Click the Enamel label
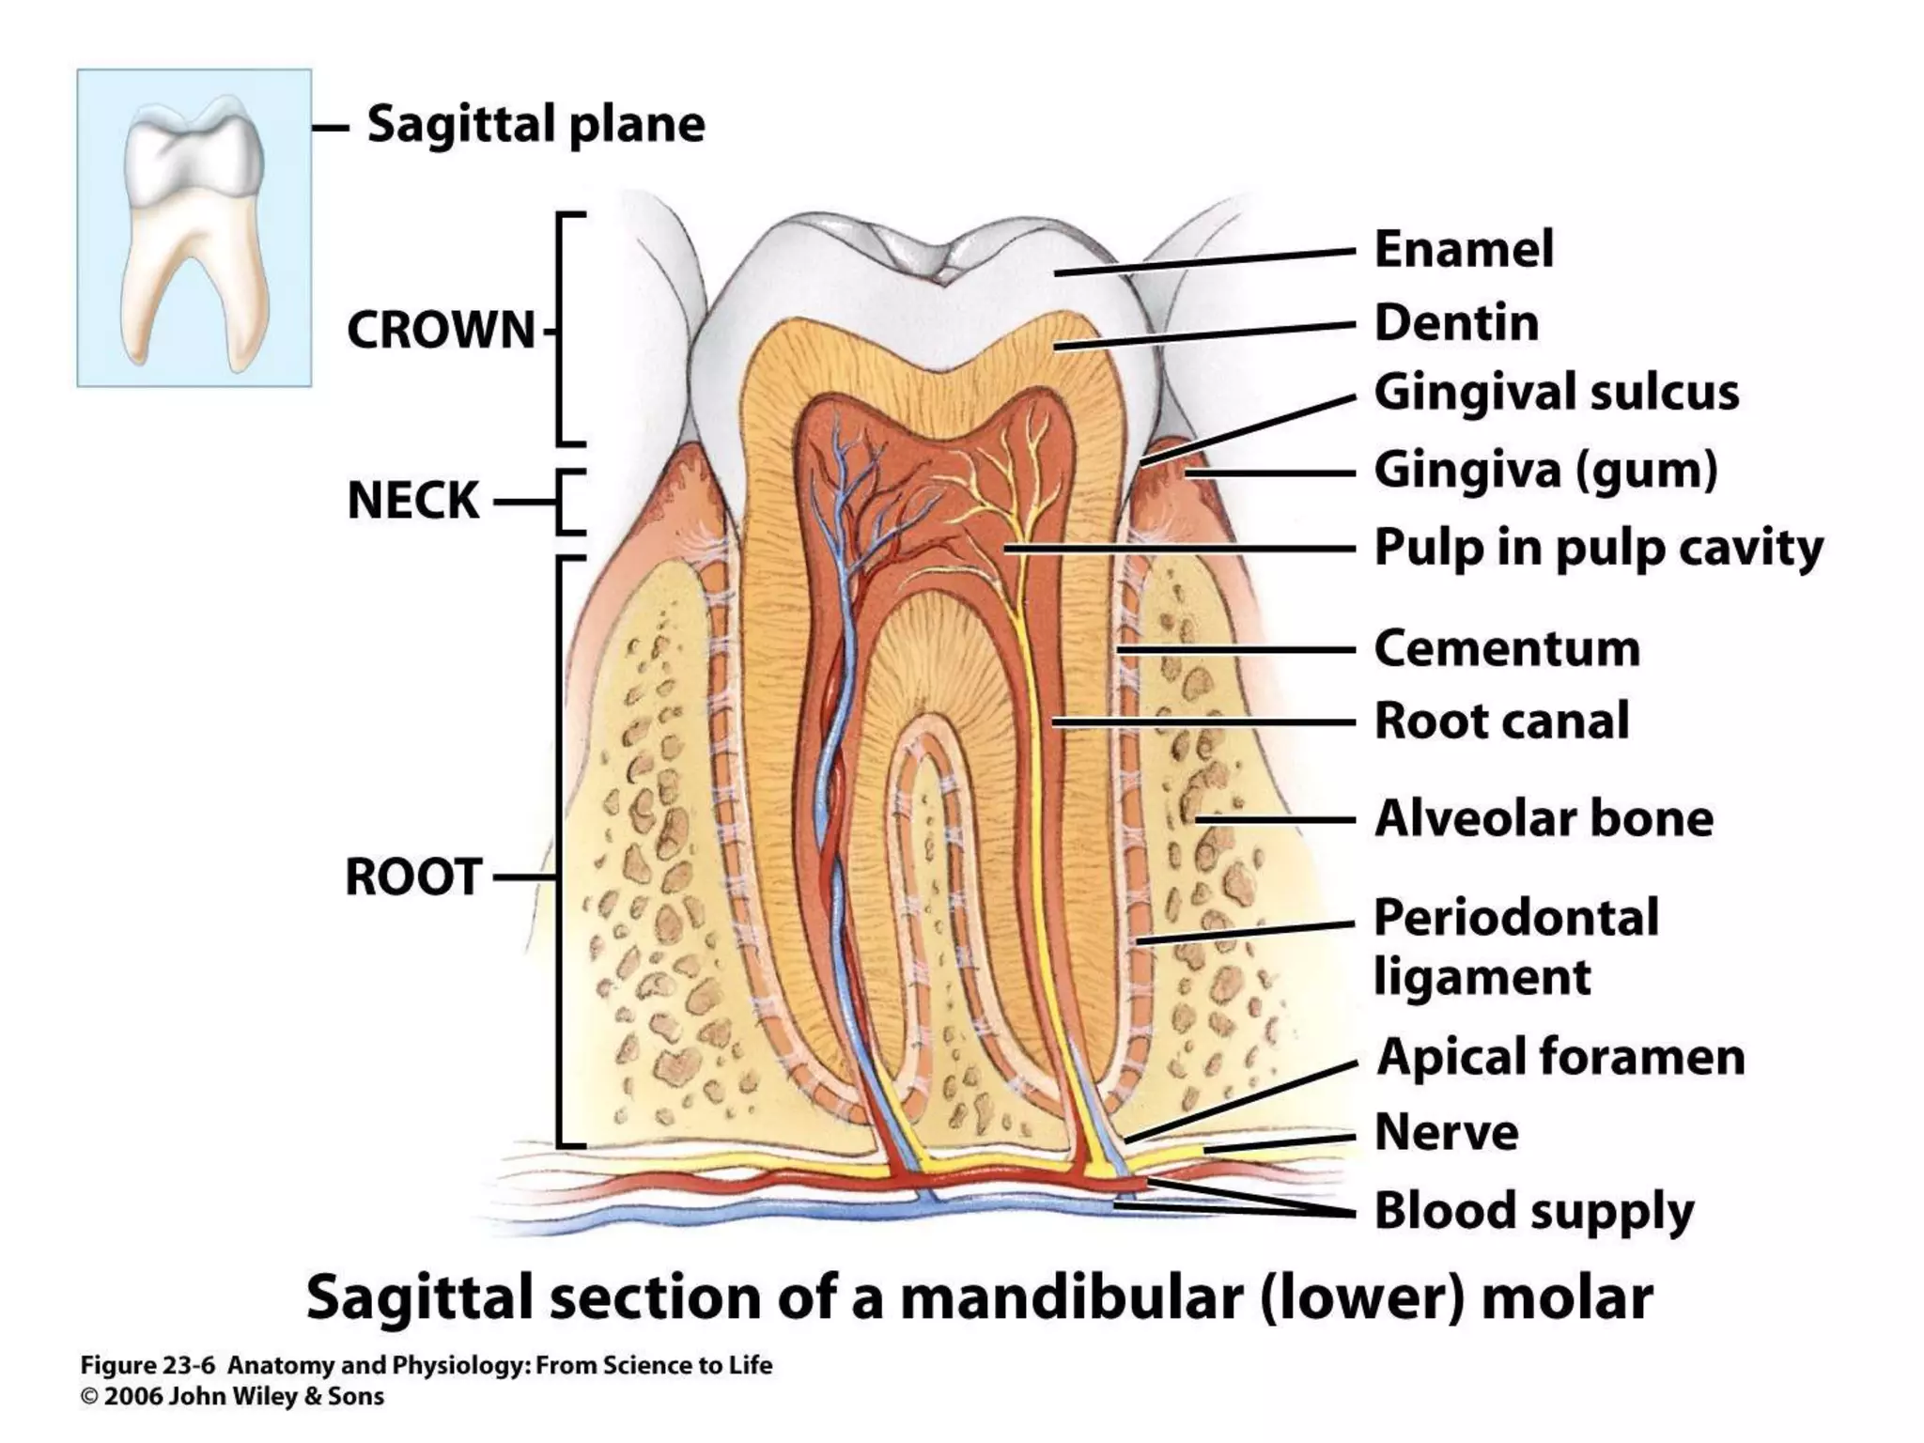point(1464,250)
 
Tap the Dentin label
point(1456,323)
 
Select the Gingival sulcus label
point(1556,393)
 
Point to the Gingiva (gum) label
point(1545,470)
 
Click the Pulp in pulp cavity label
point(1598,548)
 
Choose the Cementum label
point(1507,648)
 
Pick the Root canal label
point(1501,721)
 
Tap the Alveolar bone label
point(1544,818)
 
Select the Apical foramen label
point(1560,1057)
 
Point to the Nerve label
point(1446,1132)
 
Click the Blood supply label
point(1533,1210)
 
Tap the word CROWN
point(441,331)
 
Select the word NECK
point(413,501)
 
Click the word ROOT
point(413,877)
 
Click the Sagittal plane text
point(535,125)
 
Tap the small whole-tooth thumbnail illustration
point(194,227)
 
